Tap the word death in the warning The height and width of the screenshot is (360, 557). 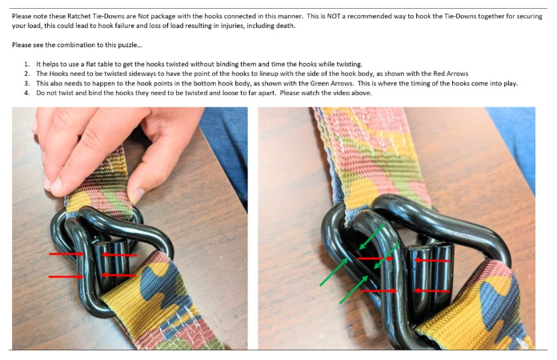(286, 26)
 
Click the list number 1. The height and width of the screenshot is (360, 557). (26, 64)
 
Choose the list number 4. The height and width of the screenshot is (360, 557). (26, 93)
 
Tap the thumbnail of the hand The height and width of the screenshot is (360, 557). (136, 196)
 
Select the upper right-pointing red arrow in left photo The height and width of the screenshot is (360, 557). (66, 254)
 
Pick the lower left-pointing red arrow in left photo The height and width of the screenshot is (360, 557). (119, 275)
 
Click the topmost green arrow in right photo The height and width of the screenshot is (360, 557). (372, 237)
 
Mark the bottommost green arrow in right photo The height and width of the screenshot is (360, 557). (354, 290)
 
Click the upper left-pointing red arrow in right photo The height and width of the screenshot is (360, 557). (432, 261)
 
